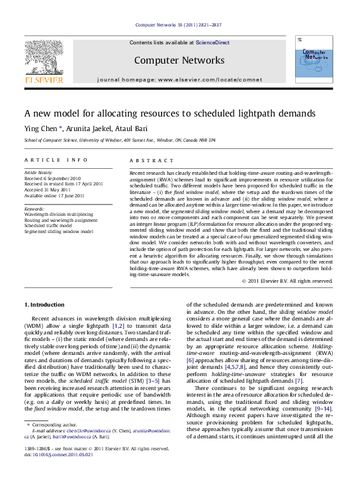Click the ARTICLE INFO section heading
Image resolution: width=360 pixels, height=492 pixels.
point(56,160)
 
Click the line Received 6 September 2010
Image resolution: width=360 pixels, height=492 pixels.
point(53,178)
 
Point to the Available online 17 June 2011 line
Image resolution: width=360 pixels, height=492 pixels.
point(54,196)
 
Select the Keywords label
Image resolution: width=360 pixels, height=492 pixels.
point(35,209)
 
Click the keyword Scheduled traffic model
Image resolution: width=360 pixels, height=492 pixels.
point(50,225)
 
